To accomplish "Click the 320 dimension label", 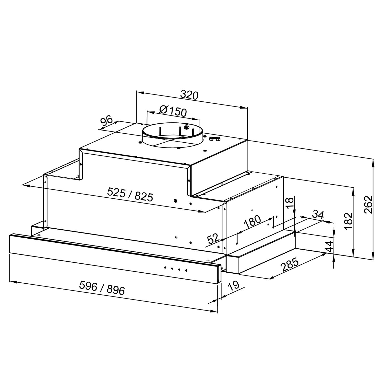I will click(x=189, y=95).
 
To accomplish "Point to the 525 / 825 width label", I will click(x=130, y=194).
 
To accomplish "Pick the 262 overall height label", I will click(x=368, y=205).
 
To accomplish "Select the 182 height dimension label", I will click(x=348, y=222).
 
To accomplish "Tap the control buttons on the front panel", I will click(x=175, y=269).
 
